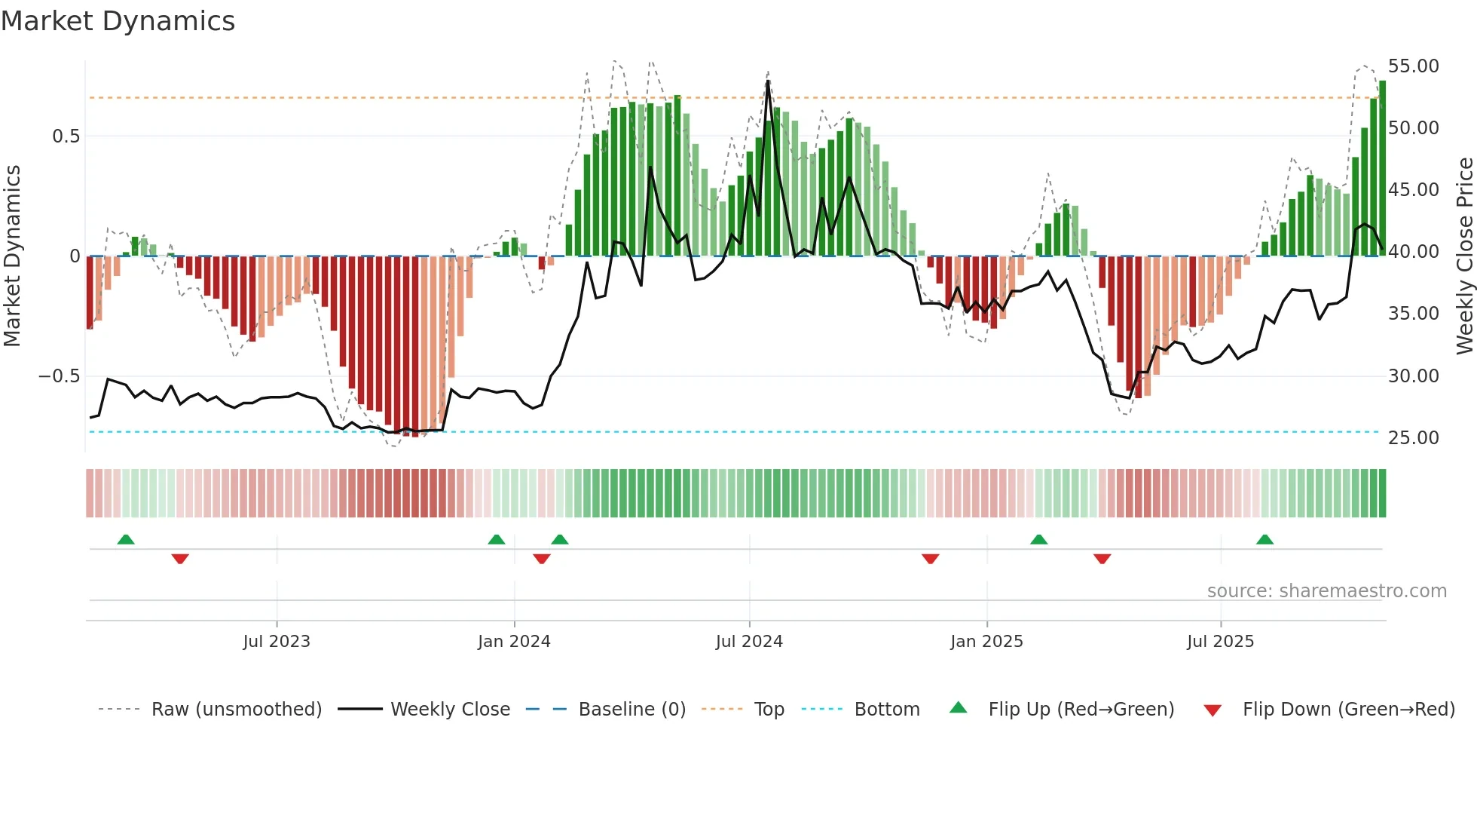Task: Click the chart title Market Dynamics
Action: click(x=118, y=21)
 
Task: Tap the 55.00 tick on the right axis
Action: click(x=1413, y=66)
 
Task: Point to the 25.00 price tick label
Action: click(x=1413, y=437)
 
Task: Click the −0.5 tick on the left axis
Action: click(x=59, y=376)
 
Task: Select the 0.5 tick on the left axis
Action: click(x=66, y=136)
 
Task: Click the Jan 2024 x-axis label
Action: click(x=514, y=642)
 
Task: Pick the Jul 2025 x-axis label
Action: click(x=1220, y=642)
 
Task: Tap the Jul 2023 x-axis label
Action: click(x=277, y=642)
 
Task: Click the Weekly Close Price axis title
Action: click(x=1464, y=256)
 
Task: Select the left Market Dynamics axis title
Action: click(x=12, y=256)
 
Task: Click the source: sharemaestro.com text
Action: click(x=1326, y=591)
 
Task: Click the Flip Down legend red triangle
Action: click(x=1212, y=710)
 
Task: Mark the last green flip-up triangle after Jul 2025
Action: click(x=1264, y=540)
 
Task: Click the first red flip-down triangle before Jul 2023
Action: click(x=180, y=559)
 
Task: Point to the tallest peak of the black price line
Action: click(x=768, y=81)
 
